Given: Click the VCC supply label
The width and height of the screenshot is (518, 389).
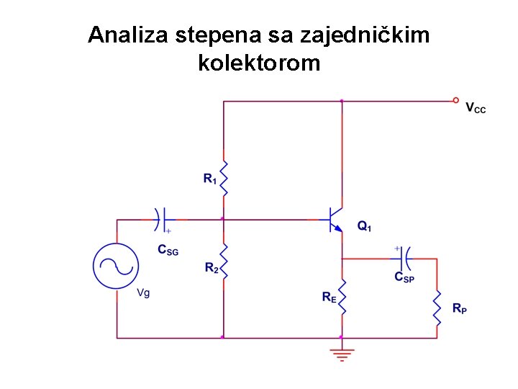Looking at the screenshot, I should pos(476,109).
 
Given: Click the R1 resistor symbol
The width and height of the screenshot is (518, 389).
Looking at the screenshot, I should pos(224,178).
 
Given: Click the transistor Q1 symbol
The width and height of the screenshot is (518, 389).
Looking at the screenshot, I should pos(335,218).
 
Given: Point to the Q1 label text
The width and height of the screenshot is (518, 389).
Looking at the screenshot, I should pos(365,226).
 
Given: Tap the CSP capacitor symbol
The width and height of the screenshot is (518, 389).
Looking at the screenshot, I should pos(404,256).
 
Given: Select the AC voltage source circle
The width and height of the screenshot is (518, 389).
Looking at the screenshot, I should pos(116,266).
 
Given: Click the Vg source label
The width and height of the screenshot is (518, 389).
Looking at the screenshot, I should pos(143,293).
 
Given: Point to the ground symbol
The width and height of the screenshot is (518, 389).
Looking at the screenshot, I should pos(342,354).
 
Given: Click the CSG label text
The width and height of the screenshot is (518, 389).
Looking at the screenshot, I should pos(168,251).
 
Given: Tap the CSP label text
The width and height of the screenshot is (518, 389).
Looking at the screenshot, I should pos(404,277).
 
